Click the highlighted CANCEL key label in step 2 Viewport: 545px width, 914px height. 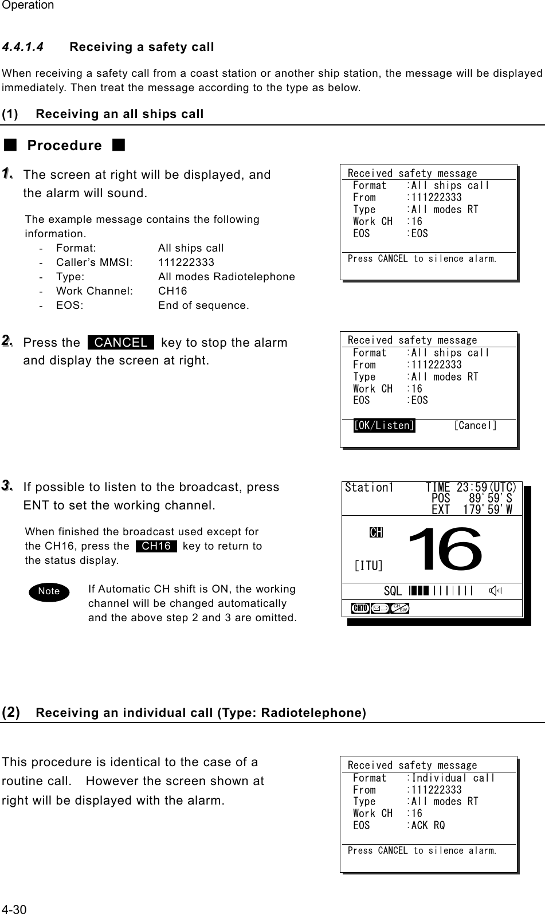[x=121, y=343]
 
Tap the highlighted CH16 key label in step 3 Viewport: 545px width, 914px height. [x=156, y=546]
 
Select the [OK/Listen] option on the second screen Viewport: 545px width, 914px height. [x=384, y=426]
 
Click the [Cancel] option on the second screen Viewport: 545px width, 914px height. [x=475, y=426]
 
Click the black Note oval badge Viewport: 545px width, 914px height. [x=49, y=591]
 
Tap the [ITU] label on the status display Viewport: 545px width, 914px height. [x=368, y=566]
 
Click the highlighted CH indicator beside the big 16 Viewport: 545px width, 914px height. [x=376, y=532]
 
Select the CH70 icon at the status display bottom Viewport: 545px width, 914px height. [x=360, y=608]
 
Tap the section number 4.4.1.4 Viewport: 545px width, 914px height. [x=23, y=47]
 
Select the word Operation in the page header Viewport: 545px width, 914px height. [x=28, y=6]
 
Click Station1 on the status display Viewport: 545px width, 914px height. [x=369, y=488]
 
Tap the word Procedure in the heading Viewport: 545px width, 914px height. [x=64, y=146]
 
